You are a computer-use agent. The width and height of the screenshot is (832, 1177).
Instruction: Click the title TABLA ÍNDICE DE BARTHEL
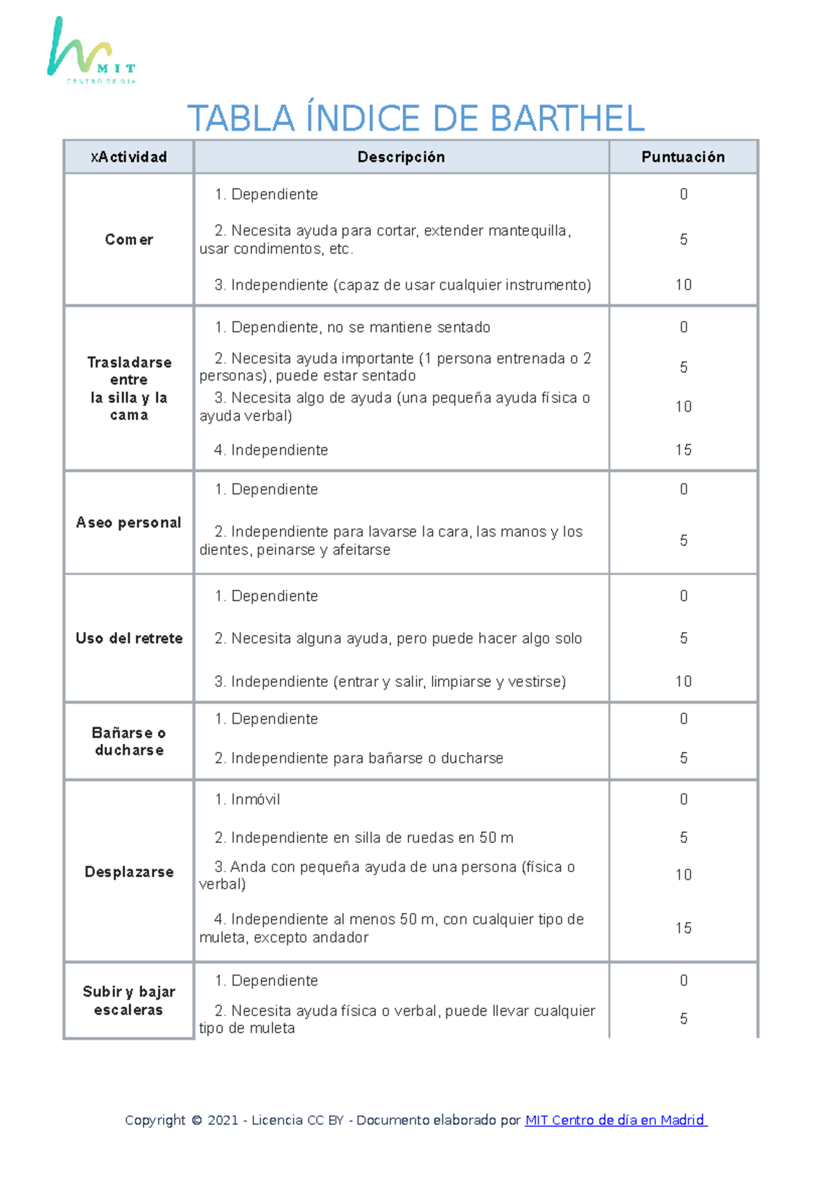tap(415, 119)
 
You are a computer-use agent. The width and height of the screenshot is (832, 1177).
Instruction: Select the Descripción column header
tap(401, 157)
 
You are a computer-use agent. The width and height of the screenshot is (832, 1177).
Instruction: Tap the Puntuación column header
tap(683, 157)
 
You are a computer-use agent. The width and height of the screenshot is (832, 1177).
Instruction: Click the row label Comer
tap(129, 240)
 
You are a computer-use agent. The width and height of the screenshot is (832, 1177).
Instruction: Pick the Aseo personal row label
tap(129, 523)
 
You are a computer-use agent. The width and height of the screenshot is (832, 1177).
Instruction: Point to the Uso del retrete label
tap(129, 638)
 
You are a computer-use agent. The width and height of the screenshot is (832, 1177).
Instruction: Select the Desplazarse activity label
tap(129, 872)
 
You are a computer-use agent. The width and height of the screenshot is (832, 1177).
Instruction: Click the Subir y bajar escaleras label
tap(129, 1001)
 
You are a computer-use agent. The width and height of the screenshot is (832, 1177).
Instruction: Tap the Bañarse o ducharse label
tap(129, 742)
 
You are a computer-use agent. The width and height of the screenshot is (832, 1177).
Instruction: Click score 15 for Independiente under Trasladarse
tap(684, 451)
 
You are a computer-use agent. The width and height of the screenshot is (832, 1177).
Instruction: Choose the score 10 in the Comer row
tap(684, 285)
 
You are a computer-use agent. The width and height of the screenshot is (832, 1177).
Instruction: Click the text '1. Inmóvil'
tap(248, 800)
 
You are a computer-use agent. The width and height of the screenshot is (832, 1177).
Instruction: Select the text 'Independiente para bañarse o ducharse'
tap(367, 758)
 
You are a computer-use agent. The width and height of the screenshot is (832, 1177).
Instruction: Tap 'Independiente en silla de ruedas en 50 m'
tap(372, 838)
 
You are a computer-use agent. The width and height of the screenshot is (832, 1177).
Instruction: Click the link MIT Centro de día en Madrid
tap(616, 1120)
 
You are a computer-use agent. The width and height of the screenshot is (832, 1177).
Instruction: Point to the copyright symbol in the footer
tap(196, 1120)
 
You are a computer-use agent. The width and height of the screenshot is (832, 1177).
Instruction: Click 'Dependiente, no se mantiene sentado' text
tap(361, 327)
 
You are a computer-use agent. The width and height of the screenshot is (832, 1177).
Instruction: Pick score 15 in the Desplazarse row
tap(684, 928)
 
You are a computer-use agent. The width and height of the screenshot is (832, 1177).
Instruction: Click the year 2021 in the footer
tap(223, 1120)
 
